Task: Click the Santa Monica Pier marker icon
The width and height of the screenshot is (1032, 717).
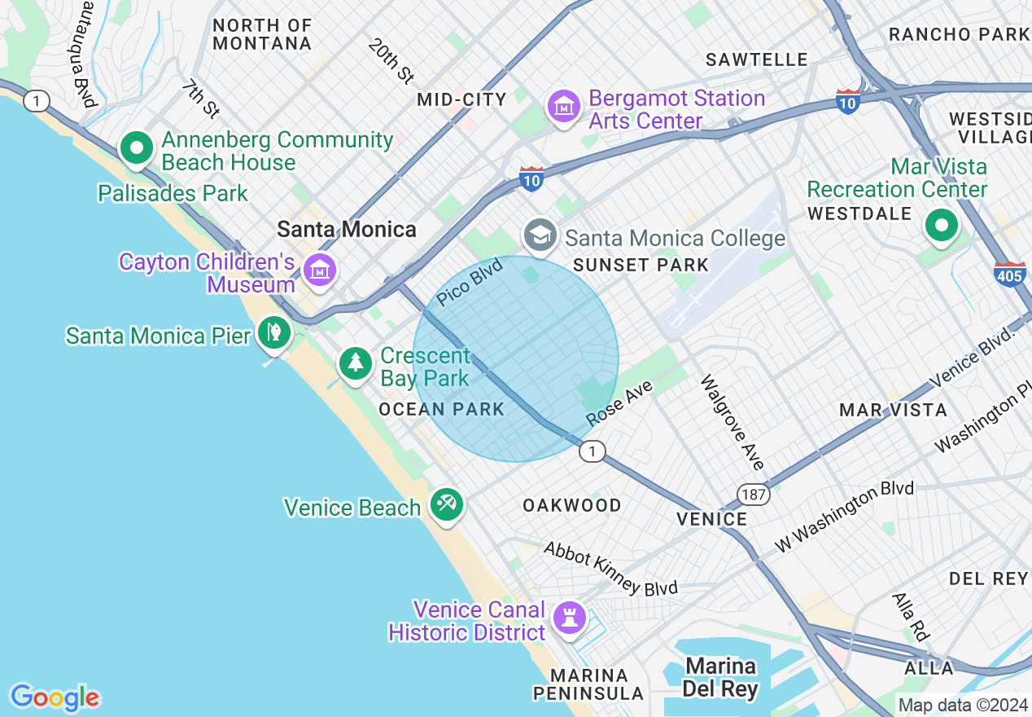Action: tap(274, 332)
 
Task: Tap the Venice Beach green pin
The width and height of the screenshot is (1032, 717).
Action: tap(446, 504)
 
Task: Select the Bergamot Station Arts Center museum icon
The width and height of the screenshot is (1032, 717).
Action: tap(563, 106)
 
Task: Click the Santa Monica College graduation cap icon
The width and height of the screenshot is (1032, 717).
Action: tap(540, 235)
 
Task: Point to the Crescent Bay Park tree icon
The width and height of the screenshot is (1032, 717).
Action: tap(356, 362)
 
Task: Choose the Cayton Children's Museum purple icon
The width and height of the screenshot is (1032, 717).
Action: tap(319, 271)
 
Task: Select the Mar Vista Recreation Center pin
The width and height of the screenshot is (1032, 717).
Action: tap(942, 225)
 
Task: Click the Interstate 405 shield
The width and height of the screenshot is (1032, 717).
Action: tap(1009, 274)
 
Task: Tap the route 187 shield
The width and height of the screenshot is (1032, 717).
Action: tap(754, 494)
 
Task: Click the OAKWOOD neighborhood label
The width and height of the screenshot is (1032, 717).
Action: tap(572, 505)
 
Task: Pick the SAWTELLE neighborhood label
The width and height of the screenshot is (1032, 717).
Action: tap(757, 59)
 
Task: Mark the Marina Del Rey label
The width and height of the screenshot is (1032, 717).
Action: tap(719, 677)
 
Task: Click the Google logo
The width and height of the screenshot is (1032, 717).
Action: tap(55, 697)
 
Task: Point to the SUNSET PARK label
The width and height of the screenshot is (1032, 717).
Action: tap(641, 265)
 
